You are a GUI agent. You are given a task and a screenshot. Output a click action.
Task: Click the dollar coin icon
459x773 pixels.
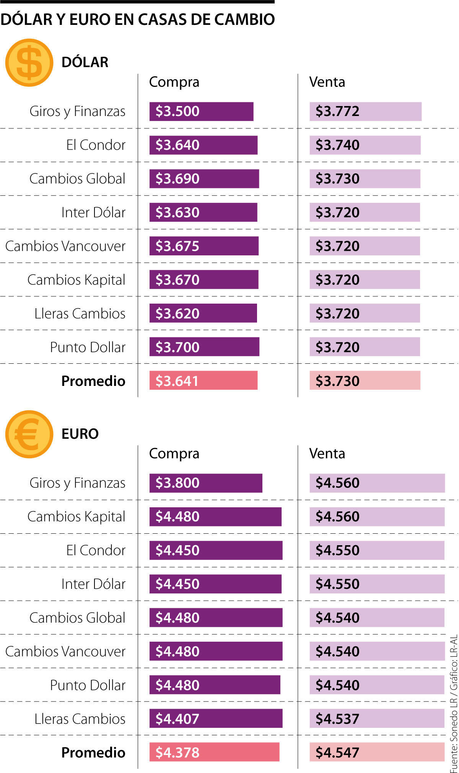pos(29,62)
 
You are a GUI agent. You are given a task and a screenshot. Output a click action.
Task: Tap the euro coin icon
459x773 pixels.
pos(29,434)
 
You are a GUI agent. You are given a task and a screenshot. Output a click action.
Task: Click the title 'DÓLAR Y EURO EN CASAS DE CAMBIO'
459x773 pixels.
pos(138,20)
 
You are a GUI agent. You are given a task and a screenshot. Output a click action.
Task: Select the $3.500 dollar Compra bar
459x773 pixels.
pos(201,111)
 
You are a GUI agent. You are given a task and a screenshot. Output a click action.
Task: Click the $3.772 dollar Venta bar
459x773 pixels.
pos(365,111)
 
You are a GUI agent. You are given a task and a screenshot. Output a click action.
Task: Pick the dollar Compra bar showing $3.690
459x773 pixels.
pos(204,179)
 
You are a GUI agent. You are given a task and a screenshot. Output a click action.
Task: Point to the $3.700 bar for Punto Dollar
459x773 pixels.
pos(204,347)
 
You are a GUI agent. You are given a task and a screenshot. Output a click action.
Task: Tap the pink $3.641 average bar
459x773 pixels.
pos(203,381)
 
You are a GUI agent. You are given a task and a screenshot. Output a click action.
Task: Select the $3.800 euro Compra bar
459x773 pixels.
pos(206,483)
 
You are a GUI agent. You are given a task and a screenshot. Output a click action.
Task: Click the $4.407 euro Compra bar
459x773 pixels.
pos(216,719)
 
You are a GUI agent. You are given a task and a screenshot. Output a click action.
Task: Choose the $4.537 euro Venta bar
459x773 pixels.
pos(377,719)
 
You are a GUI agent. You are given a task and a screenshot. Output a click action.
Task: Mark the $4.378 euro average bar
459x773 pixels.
pos(214,752)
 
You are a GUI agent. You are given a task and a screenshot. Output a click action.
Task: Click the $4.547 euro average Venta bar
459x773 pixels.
pos(377,752)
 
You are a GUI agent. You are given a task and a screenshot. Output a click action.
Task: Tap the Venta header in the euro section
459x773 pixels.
pos(327,454)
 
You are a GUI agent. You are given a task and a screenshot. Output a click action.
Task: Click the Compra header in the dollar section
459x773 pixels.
pos(174,82)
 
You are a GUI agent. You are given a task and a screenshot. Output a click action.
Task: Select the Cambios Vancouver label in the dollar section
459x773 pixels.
pos(65,246)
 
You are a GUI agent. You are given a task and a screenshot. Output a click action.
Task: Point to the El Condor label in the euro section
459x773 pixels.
pos(96,551)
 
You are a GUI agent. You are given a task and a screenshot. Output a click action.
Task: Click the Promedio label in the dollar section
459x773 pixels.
pos(93,381)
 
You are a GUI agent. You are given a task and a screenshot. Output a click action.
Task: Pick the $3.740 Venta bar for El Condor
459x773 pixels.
pos(365,145)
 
